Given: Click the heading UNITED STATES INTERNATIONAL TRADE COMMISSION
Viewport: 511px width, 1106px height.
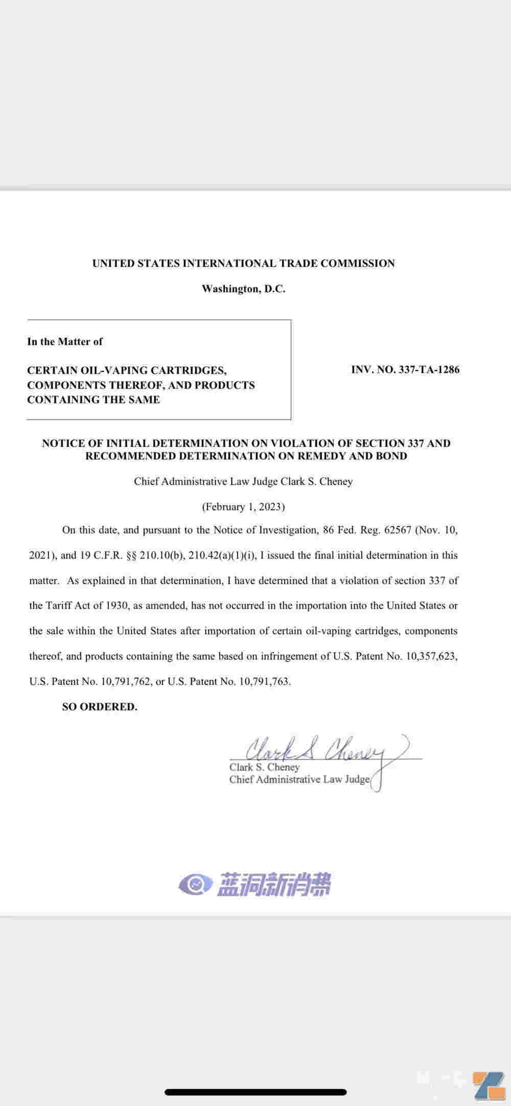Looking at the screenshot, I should pos(243,263).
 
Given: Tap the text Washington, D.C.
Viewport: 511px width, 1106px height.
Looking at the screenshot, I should pos(243,289).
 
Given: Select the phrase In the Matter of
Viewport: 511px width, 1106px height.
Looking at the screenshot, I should pos(65,341).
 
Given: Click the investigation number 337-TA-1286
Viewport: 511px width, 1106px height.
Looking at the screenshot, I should pos(429,370).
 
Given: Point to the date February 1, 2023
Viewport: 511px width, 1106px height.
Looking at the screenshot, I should pos(243,506).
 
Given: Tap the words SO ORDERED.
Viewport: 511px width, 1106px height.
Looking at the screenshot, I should pos(100,707).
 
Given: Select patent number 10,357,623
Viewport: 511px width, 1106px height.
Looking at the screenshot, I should pos(431,656).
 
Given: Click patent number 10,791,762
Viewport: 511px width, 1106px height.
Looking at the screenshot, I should pos(126,681).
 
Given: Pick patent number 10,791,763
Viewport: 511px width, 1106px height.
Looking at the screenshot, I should pos(264,681).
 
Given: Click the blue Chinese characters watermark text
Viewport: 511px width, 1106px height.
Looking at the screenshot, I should pos(274,885).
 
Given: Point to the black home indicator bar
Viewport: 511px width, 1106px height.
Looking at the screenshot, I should pos(255,1092).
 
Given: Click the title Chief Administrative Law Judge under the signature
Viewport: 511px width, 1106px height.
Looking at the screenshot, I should pos(299,779).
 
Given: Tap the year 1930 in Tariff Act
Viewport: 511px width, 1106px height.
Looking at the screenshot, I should pos(118,606).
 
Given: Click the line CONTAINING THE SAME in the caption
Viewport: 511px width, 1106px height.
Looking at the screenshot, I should pos(94,400).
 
